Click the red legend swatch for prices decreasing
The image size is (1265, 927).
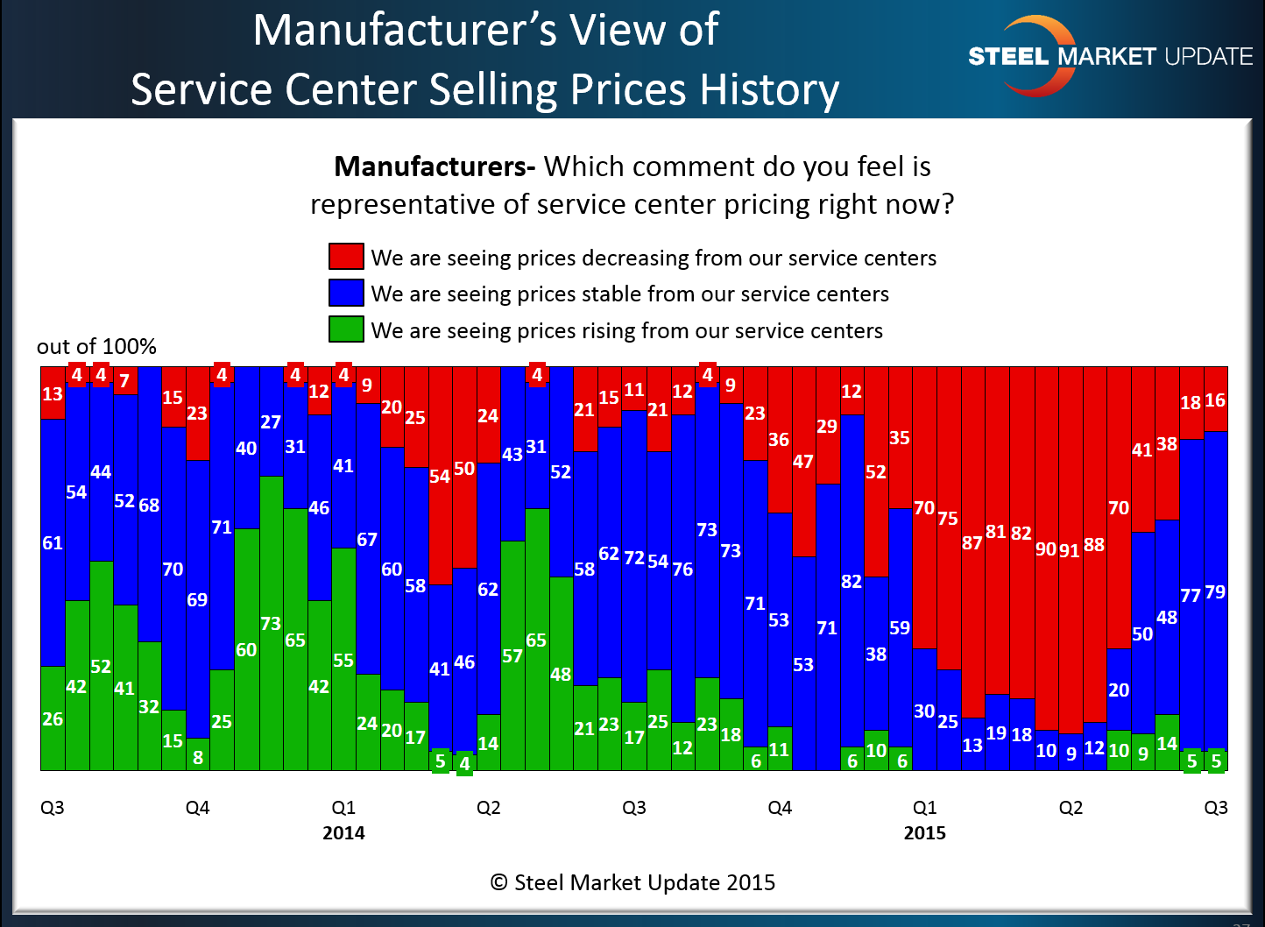coord(346,257)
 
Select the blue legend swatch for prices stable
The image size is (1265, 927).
coord(346,293)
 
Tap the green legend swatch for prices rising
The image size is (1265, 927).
coord(346,329)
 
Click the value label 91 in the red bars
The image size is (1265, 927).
coord(1070,551)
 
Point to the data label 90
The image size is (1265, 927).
coord(1046,549)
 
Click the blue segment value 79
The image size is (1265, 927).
coord(1215,592)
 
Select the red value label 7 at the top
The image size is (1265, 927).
coord(124,381)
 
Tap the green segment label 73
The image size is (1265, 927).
coord(271,624)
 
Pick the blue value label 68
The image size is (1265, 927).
coord(149,506)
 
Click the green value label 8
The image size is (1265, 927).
coord(198,757)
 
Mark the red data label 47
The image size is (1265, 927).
coord(802,462)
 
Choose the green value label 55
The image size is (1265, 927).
coord(343,661)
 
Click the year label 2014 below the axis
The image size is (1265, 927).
coord(343,832)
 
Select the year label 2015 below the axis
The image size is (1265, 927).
coord(924,832)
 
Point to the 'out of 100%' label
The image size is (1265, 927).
coord(96,347)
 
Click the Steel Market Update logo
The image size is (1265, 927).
coord(1109,56)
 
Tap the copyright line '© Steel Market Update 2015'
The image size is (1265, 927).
coord(632,882)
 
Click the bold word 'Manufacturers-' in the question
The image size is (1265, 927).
coord(435,166)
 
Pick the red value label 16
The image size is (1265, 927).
coord(1215,400)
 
